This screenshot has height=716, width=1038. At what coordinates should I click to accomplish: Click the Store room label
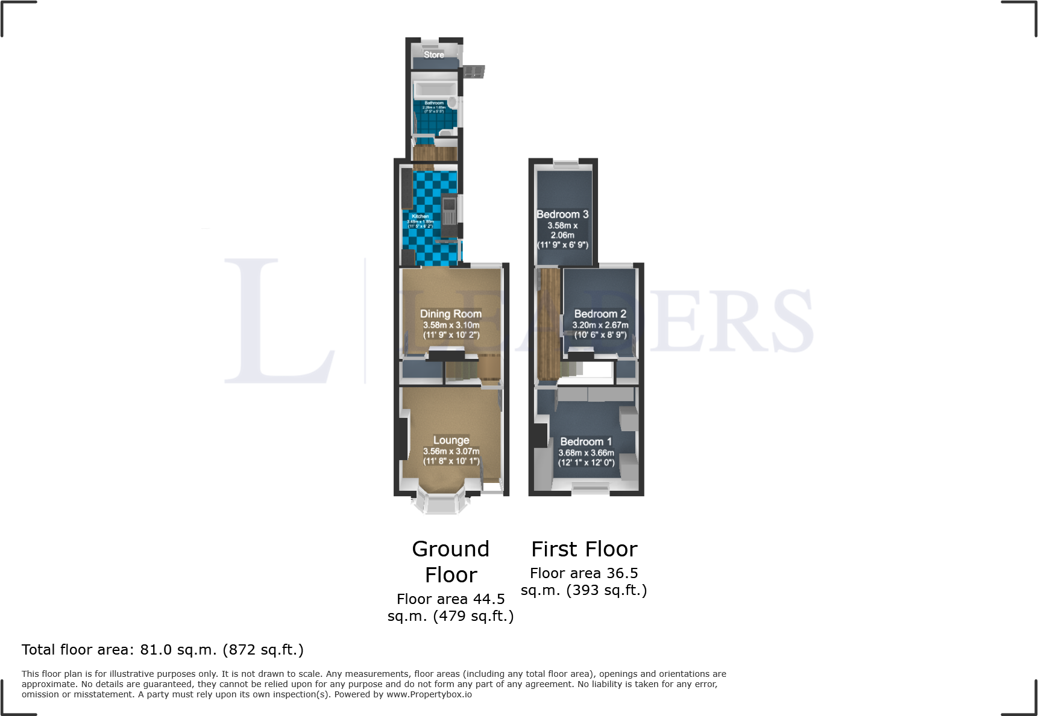point(433,55)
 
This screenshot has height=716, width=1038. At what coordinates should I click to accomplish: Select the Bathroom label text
point(434,103)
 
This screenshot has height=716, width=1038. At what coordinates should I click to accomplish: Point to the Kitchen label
point(420,216)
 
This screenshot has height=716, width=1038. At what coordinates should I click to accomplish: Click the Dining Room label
point(451,314)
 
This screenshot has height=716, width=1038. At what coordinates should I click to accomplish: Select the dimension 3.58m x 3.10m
point(451,325)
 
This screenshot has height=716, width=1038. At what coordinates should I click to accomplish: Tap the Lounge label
point(451,440)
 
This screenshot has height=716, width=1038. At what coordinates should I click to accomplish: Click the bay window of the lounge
point(441,503)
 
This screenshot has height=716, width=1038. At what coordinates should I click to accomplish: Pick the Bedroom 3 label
point(562,214)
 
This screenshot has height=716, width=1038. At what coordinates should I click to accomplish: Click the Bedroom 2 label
point(600,314)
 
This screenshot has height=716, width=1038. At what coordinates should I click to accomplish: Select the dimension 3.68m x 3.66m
point(586,453)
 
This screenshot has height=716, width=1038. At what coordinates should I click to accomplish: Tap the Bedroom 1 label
point(586,441)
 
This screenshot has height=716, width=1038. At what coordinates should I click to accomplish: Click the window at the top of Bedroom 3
point(565,163)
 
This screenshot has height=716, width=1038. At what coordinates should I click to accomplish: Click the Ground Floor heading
point(451,561)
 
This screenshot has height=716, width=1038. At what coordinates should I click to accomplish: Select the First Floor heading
point(584,549)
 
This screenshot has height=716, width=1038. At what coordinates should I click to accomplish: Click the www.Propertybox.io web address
point(429,694)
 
